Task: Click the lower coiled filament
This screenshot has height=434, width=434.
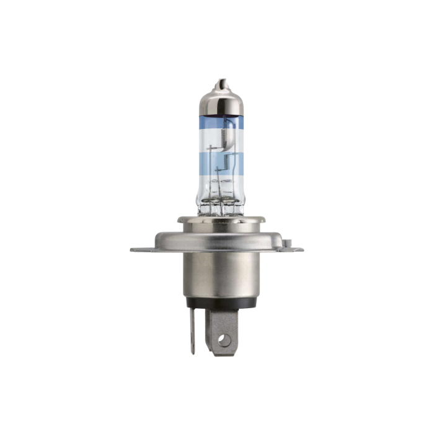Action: (221, 166)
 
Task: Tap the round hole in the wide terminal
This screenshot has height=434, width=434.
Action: (224, 340)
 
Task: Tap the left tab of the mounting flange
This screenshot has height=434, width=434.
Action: (140, 250)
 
